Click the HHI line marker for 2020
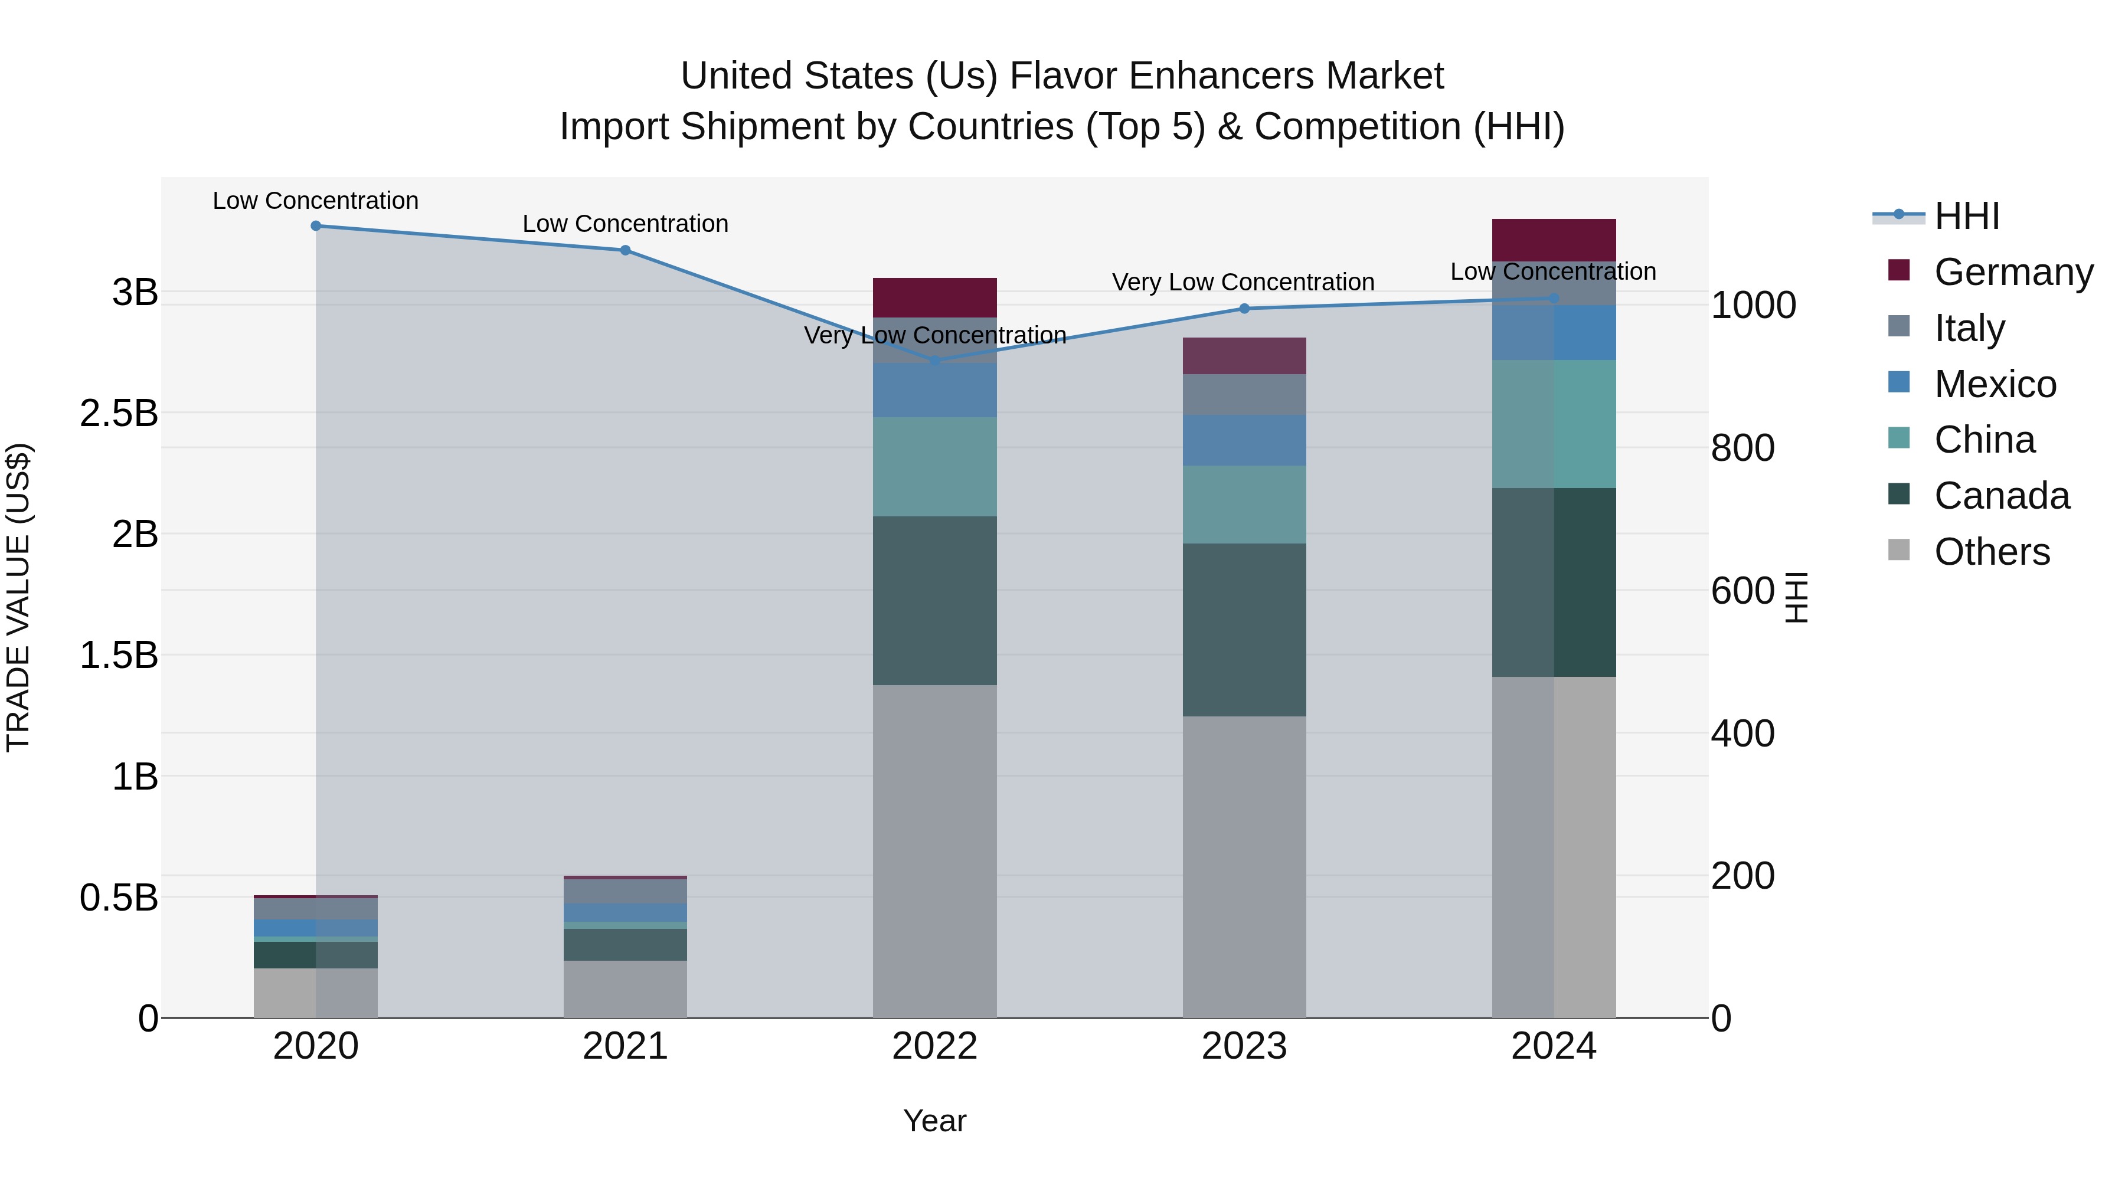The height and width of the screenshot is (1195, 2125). [x=316, y=225]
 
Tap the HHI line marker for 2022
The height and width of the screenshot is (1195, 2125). [x=934, y=361]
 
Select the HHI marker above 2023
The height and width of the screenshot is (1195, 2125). [x=1245, y=309]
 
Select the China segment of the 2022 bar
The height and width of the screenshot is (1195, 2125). [x=934, y=467]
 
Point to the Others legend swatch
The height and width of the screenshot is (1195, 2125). [x=1899, y=550]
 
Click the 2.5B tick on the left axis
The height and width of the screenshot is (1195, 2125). [x=119, y=413]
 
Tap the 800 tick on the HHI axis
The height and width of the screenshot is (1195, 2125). [x=1742, y=448]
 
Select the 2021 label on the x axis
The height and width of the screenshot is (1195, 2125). [x=625, y=1046]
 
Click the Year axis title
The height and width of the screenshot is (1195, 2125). [x=934, y=1121]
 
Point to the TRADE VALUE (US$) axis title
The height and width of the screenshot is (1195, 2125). [x=18, y=597]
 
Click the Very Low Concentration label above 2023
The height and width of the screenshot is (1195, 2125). [x=1243, y=282]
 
